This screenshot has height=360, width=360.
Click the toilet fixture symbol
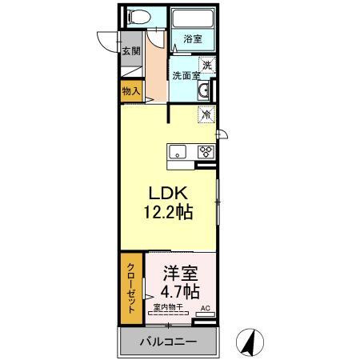[x=139, y=17]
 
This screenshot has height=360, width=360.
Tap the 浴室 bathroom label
[x=193, y=39]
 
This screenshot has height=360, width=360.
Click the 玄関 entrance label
[x=131, y=50]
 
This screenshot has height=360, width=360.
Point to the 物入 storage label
[x=131, y=91]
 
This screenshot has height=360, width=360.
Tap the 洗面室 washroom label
[x=186, y=76]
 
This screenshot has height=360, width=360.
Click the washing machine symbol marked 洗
[x=207, y=66]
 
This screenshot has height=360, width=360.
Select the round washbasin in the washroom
[x=204, y=90]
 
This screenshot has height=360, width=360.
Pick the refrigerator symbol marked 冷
[x=206, y=114]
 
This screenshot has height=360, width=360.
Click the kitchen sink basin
[x=178, y=152]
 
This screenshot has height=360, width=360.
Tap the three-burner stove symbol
[x=206, y=152]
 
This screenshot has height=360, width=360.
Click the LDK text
[x=168, y=193]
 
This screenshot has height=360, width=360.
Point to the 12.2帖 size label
[x=169, y=212]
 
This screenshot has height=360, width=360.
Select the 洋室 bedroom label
[x=180, y=273]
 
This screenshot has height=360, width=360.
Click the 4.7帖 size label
[x=180, y=291]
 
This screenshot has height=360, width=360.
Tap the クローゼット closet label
[x=131, y=288]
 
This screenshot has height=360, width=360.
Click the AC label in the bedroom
[x=206, y=308]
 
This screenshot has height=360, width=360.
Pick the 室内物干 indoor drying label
[x=168, y=307]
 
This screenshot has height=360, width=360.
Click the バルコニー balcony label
[x=169, y=342]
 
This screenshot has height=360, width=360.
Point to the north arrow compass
[x=250, y=342]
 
